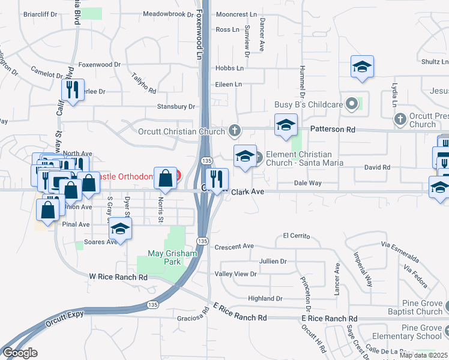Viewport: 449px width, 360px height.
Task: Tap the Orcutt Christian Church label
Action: coord(181,131)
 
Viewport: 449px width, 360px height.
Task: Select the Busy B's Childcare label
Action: coord(309,104)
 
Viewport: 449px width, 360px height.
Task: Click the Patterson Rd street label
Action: coord(333,129)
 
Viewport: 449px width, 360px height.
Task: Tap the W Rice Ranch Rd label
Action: coord(118,277)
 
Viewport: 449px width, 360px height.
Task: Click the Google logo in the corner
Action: coord(20,353)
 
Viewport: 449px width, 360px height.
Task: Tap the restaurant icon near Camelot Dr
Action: coord(71,90)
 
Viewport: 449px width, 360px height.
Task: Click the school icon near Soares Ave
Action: coord(121,229)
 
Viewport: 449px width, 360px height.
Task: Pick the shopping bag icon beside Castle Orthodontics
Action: coord(165,178)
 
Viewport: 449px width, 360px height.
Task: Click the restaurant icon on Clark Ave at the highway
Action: coord(216,178)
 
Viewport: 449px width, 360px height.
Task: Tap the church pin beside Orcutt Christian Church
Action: coord(235,131)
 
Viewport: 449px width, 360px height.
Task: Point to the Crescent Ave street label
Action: coord(235,246)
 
